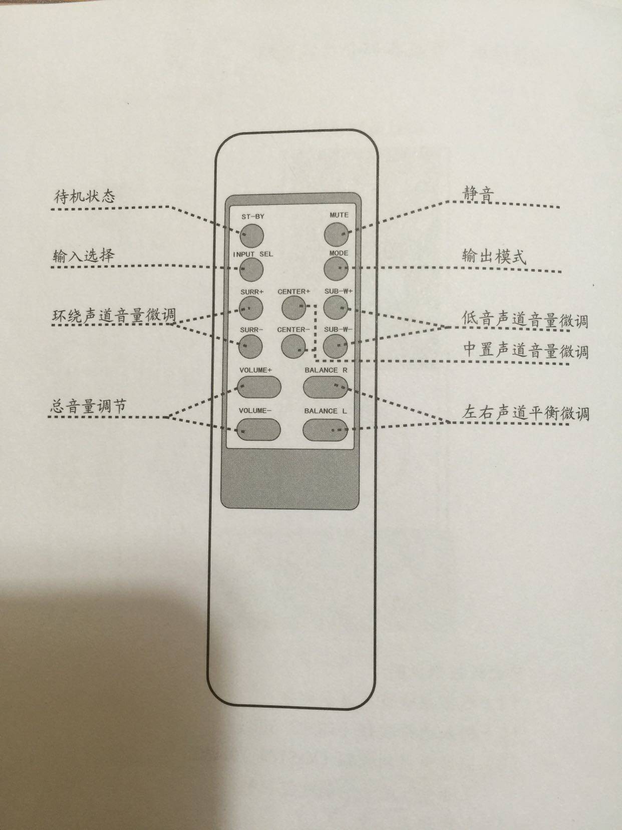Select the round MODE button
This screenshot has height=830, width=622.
(x=336, y=269)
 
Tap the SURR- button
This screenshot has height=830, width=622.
(x=250, y=345)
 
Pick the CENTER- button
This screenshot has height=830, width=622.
(x=293, y=345)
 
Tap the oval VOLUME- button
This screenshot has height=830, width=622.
(x=258, y=429)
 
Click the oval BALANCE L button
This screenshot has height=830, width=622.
(x=325, y=429)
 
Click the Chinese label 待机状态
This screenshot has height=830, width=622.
(x=84, y=196)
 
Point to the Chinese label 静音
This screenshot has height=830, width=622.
(x=478, y=193)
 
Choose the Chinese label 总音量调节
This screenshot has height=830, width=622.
(x=89, y=406)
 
